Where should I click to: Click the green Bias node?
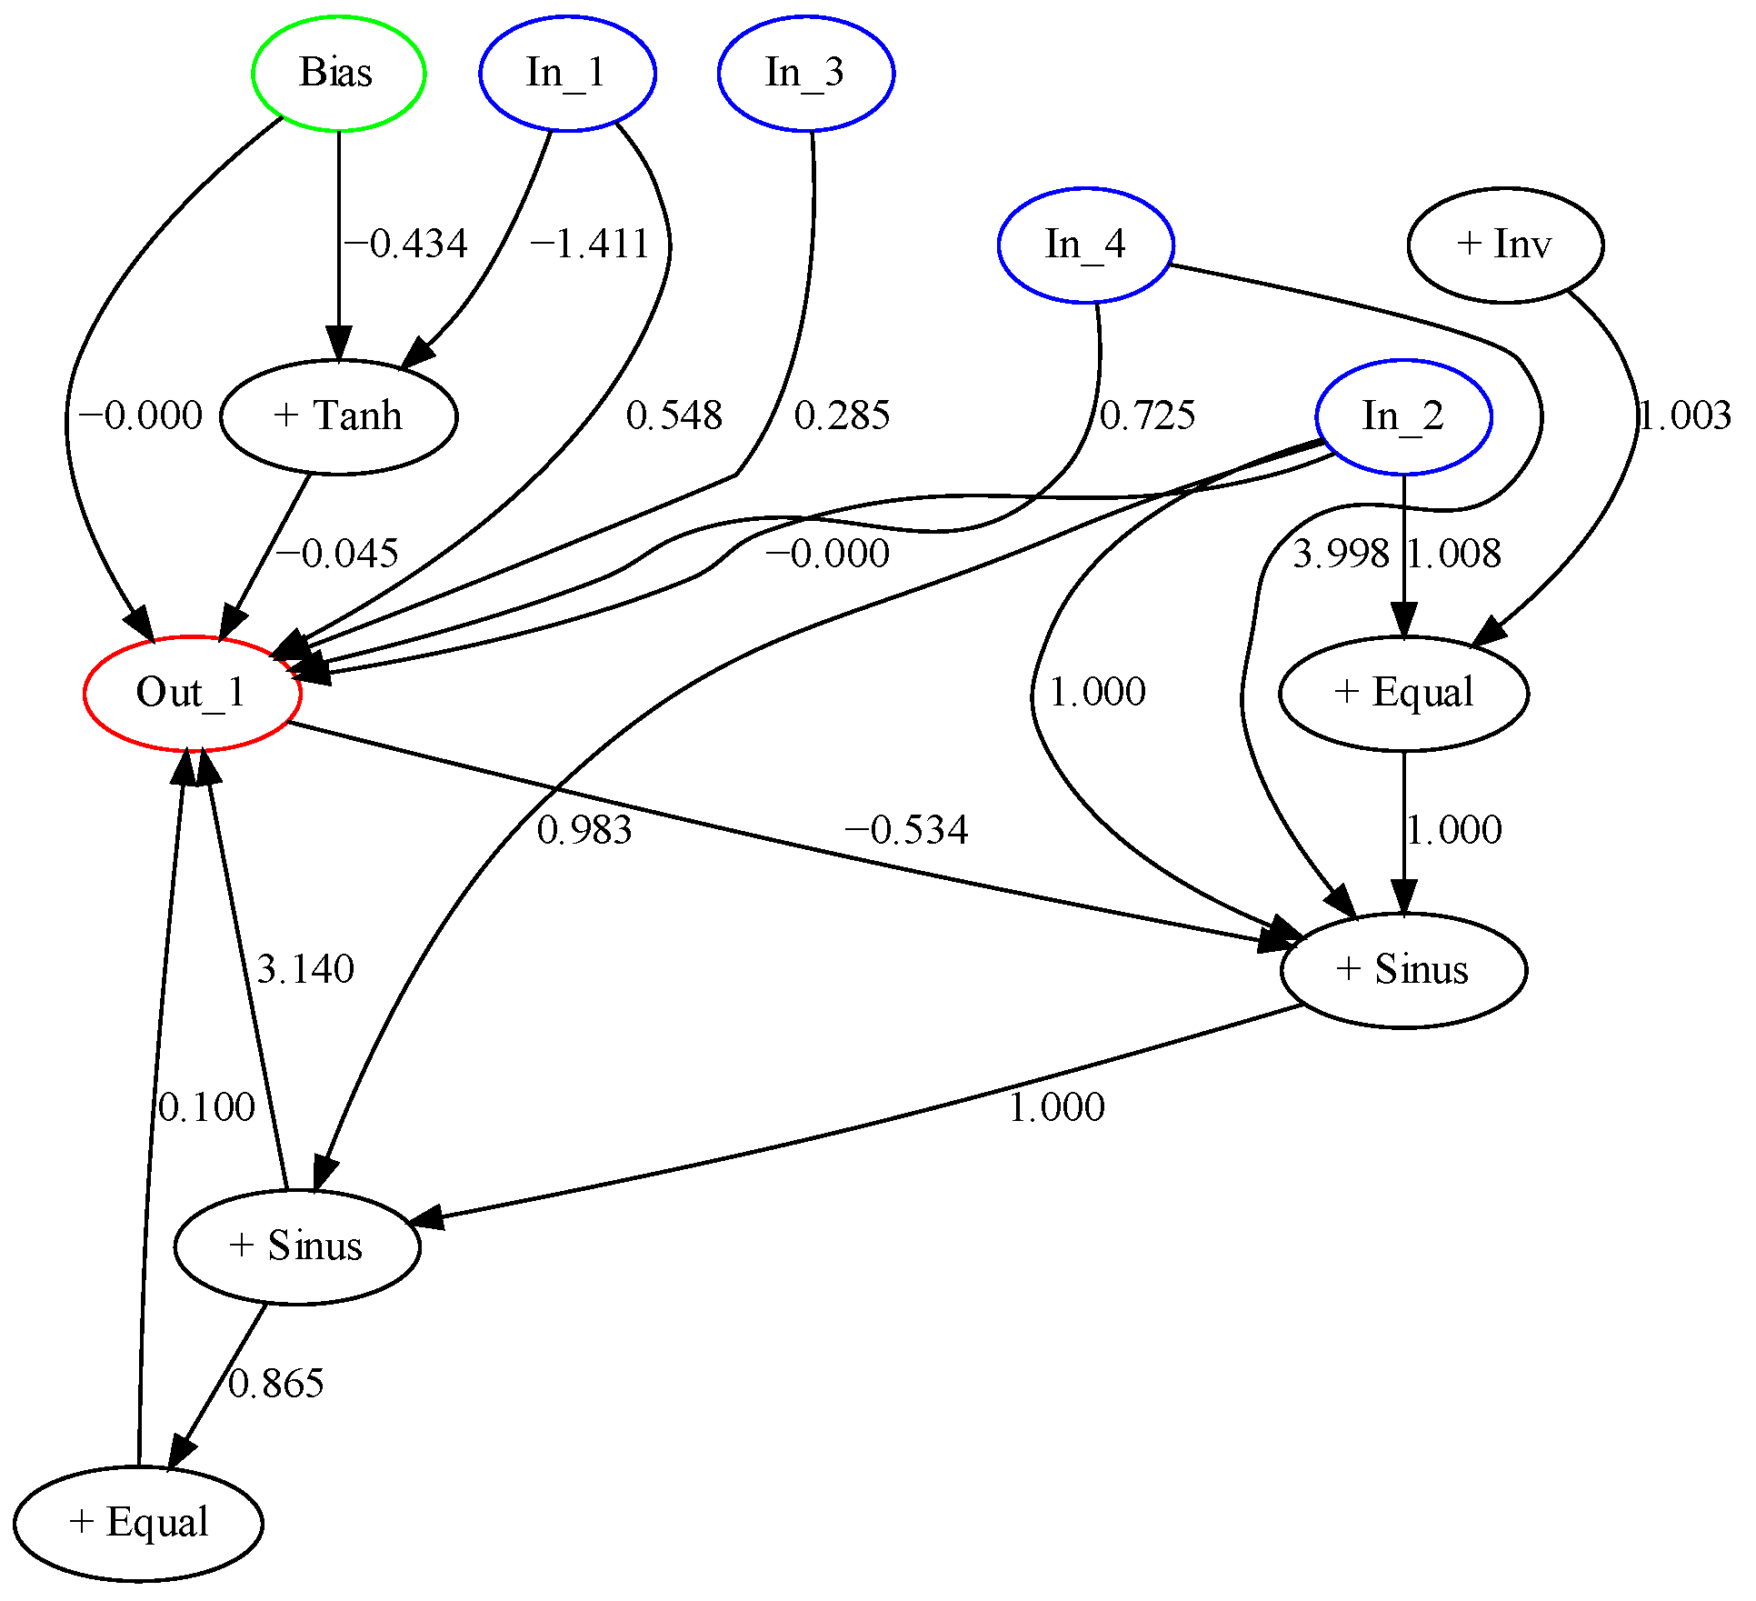coord(338,73)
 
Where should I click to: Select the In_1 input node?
coord(567,73)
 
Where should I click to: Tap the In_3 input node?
coord(805,73)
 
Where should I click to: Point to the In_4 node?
coord(1085,245)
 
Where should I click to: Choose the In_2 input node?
coord(1403,416)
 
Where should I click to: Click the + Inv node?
coord(1504,245)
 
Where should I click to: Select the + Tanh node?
coord(338,416)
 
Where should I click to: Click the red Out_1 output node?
coord(192,693)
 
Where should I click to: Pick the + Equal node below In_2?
coord(1403,693)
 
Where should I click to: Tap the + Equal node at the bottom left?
coord(138,1523)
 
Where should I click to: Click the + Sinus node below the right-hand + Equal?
coord(1403,970)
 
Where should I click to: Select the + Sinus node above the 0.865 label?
coord(296,1246)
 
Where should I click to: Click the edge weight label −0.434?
coord(405,244)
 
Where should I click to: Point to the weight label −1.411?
coord(589,244)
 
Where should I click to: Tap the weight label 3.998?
coord(1341,554)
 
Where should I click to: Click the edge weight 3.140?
coord(304,969)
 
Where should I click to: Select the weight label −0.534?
coord(906,830)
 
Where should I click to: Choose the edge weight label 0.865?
coord(275,1384)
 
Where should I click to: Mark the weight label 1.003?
coord(1684,415)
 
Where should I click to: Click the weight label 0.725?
coord(1147,415)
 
